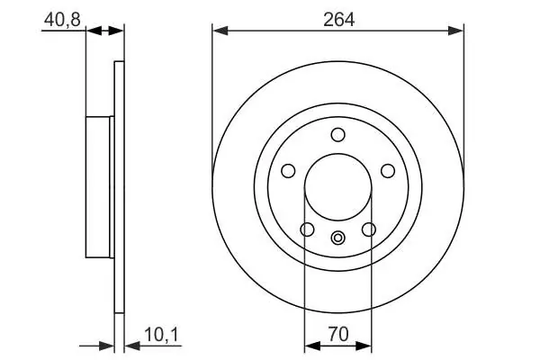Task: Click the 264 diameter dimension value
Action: coord(338,20)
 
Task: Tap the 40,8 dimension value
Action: coord(62,20)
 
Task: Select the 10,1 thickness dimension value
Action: coord(162,335)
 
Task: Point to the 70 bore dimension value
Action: coord(338,334)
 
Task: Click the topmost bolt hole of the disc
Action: coord(337,134)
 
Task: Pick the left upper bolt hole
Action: coord(288,171)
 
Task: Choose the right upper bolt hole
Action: coord(388,171)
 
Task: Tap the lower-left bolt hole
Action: coord(307,229)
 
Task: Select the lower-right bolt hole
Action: coord(369,229)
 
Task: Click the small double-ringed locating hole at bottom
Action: coord(337,238)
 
